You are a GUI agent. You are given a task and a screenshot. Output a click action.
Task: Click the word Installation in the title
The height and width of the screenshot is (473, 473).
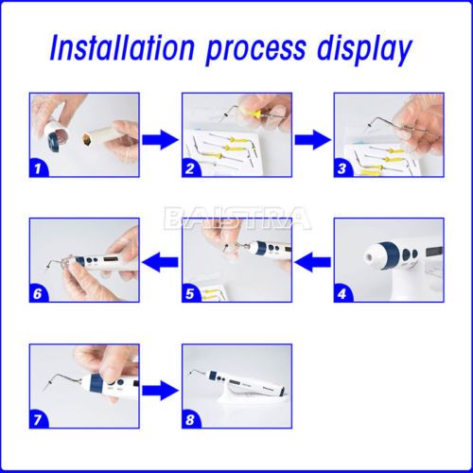[122, 48]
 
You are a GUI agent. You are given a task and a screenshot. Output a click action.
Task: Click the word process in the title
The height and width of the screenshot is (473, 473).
[255, 51]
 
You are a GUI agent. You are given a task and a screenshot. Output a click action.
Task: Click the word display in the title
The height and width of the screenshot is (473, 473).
[364, 50]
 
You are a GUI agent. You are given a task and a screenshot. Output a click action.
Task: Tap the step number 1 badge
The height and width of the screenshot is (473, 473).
[39, 168]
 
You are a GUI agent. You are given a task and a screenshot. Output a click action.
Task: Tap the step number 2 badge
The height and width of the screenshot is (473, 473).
[191, 168]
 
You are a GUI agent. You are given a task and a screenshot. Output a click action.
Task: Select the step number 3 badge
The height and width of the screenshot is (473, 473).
[342, 168]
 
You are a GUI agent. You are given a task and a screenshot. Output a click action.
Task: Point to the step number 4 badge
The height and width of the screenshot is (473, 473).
[342, 294]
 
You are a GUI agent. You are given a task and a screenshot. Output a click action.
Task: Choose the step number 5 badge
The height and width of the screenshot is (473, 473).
[191, 294]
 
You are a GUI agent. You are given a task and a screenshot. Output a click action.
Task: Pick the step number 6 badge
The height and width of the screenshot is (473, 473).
[39, 294]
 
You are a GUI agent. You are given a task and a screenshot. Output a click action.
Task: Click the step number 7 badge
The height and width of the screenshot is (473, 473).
[39, 420]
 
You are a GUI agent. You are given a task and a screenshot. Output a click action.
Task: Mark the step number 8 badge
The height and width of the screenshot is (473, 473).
[191, 420]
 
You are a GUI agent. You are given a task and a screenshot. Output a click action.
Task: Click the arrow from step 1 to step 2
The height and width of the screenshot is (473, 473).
[161, 140]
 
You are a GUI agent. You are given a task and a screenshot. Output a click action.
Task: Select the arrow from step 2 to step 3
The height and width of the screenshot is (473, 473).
[313, 140]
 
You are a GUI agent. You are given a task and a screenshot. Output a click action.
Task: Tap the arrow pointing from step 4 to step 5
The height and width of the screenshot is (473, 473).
[313, 262]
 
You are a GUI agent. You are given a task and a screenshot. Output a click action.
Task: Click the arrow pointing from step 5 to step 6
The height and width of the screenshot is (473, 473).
[161, 262]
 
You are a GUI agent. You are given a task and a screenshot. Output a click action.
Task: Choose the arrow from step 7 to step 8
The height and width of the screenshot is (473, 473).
[161, 391]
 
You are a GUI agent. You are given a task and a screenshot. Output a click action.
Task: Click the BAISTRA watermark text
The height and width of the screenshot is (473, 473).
[237, 219]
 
